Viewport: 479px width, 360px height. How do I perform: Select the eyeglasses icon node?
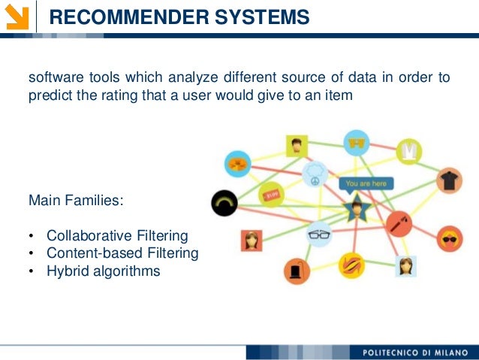pyautogui.click(x=319, y=235)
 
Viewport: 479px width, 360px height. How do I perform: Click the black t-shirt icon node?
pyautogui.click(x=449, y=180)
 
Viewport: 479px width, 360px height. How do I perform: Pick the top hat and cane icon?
pyautogui.click(x=297, y=269)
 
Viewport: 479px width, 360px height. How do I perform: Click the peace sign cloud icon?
pyautogui.click(x=315, y=175)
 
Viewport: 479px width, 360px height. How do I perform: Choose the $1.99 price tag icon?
pyautogui.click(x=271, y=195)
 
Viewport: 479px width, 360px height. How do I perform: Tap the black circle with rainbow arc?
pyautogui.click(x=224, y=201)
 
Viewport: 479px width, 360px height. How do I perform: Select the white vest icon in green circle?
pyautogui.click(x=409, y=151)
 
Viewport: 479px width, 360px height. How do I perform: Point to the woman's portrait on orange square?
pyautogui.click(x=252, y=241)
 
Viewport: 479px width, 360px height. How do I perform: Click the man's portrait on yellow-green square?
pyautogui.click(x=297, y=145)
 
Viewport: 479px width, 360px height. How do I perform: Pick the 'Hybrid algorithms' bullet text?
pyautogui.click(x=103, y=271)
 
